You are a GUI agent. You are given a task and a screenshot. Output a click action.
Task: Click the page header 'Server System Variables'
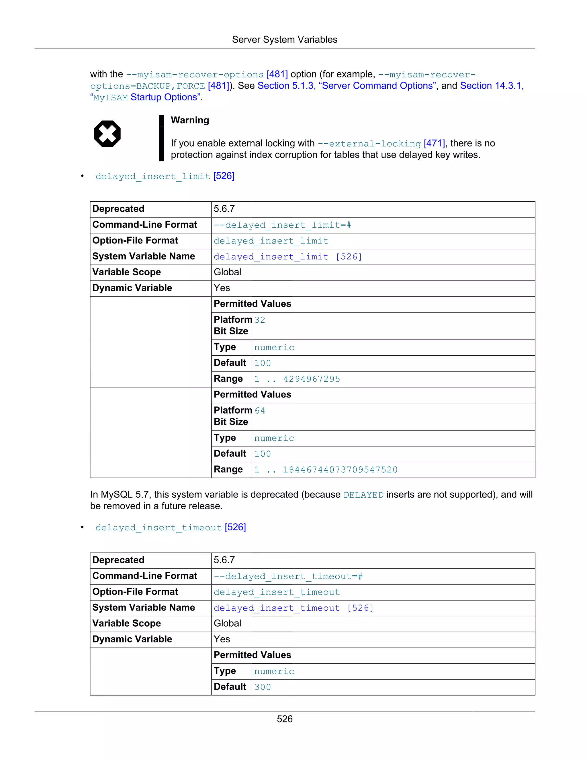(284, 40)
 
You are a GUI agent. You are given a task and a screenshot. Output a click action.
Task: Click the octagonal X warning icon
(107, 134)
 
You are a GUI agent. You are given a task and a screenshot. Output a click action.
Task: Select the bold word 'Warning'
(190, 120)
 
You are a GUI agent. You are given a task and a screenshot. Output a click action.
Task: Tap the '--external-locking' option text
(369, 144)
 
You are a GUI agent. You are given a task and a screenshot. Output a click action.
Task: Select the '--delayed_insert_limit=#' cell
(282, 225)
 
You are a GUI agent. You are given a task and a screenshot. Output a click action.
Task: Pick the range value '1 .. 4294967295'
(297, 379)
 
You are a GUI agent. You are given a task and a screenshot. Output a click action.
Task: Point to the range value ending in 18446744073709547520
(326, 470)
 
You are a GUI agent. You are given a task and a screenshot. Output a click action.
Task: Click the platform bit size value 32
(260, 320)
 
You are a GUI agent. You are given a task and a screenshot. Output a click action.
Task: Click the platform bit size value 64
(260, 411)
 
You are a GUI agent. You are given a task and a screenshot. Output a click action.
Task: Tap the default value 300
(263, 687)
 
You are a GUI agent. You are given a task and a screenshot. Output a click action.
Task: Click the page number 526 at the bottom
(284, 719)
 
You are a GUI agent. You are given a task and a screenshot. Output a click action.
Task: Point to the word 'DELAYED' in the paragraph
(363, 495)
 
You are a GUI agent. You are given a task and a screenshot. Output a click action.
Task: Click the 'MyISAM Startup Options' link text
(146, 98)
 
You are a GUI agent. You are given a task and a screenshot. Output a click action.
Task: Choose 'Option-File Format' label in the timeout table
(135, 592)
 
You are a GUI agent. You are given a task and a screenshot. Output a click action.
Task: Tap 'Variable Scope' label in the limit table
(127, 272)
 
